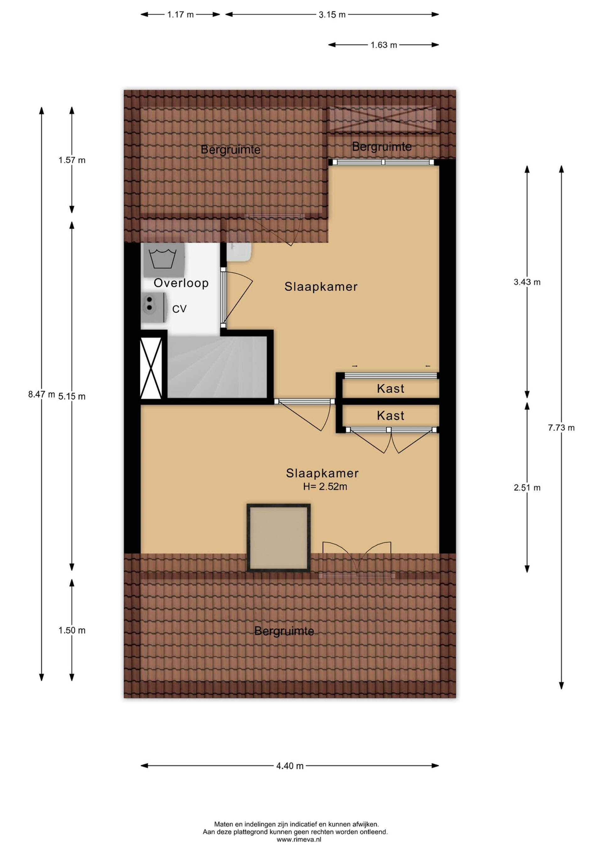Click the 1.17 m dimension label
tap(181, 15)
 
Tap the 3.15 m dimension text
tap(332, 15)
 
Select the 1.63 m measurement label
tap(383, 45)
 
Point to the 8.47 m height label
tap(41, 394)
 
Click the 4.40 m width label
tap(290, 766)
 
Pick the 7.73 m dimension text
tap(561, 428)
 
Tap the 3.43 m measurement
tap(527, 282)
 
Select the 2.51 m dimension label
tap(527, 487)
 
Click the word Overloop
tap(181, 283)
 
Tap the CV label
tap(179, 309)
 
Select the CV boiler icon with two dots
tap(153, 307)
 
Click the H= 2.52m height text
tap(325, 486)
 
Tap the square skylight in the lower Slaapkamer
tap(279, 537)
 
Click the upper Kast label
tap(390, 388)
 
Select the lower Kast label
tap(390, 416)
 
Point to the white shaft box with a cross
tap(151, 368)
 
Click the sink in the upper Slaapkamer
tap(240, 251)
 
